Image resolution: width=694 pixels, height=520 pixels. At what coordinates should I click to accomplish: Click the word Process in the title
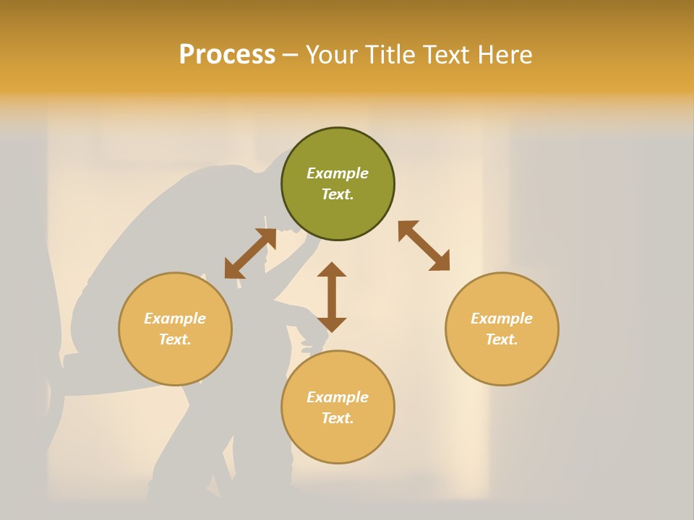(x=227, y=55)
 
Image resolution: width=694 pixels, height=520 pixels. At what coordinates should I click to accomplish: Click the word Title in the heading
(x=390, y=55)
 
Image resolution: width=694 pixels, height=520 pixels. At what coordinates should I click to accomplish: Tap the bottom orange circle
(x=338, y=441)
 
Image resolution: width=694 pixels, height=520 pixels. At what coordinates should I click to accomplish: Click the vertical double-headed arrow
(x=332, y=298)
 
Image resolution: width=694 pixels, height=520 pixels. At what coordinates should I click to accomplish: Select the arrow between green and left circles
(x=250, y=253)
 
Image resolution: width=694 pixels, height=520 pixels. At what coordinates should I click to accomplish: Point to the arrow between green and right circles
(x=424, y=246)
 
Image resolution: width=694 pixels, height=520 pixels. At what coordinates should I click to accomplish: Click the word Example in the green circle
(x=338, y=173)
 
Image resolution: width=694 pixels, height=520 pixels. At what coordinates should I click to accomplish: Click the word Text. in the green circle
(x=338, y=194)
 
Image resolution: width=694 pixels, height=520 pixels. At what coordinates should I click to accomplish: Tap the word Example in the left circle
(x=175, y=318)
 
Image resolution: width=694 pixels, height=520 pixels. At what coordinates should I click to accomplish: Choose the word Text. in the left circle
(x=175, y=339)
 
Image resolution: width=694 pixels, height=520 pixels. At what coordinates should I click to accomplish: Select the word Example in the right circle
(x=502, y=318)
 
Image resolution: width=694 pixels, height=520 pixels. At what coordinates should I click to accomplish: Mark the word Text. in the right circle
(x=502, y=339)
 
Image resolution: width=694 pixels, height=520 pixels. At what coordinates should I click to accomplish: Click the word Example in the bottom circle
(x=338, y=397)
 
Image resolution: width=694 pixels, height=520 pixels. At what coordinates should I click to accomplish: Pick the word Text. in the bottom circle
(x=338, y=418)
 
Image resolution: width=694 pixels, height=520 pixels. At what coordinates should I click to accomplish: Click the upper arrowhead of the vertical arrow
(x=332, y=269)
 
